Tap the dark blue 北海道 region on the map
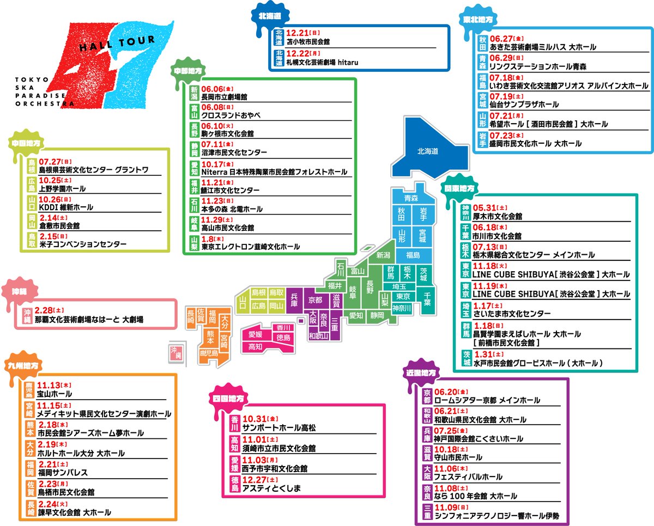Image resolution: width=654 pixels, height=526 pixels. coord(428,151)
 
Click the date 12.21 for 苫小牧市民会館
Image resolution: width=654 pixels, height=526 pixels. coord(298,33)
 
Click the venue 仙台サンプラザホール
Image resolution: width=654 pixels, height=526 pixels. coord(524,104)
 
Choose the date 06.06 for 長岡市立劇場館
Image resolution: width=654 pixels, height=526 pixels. coord(213,88)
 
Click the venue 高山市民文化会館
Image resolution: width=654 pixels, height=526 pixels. coord(227,228)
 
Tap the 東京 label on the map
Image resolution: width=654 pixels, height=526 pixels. coord(403,297)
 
